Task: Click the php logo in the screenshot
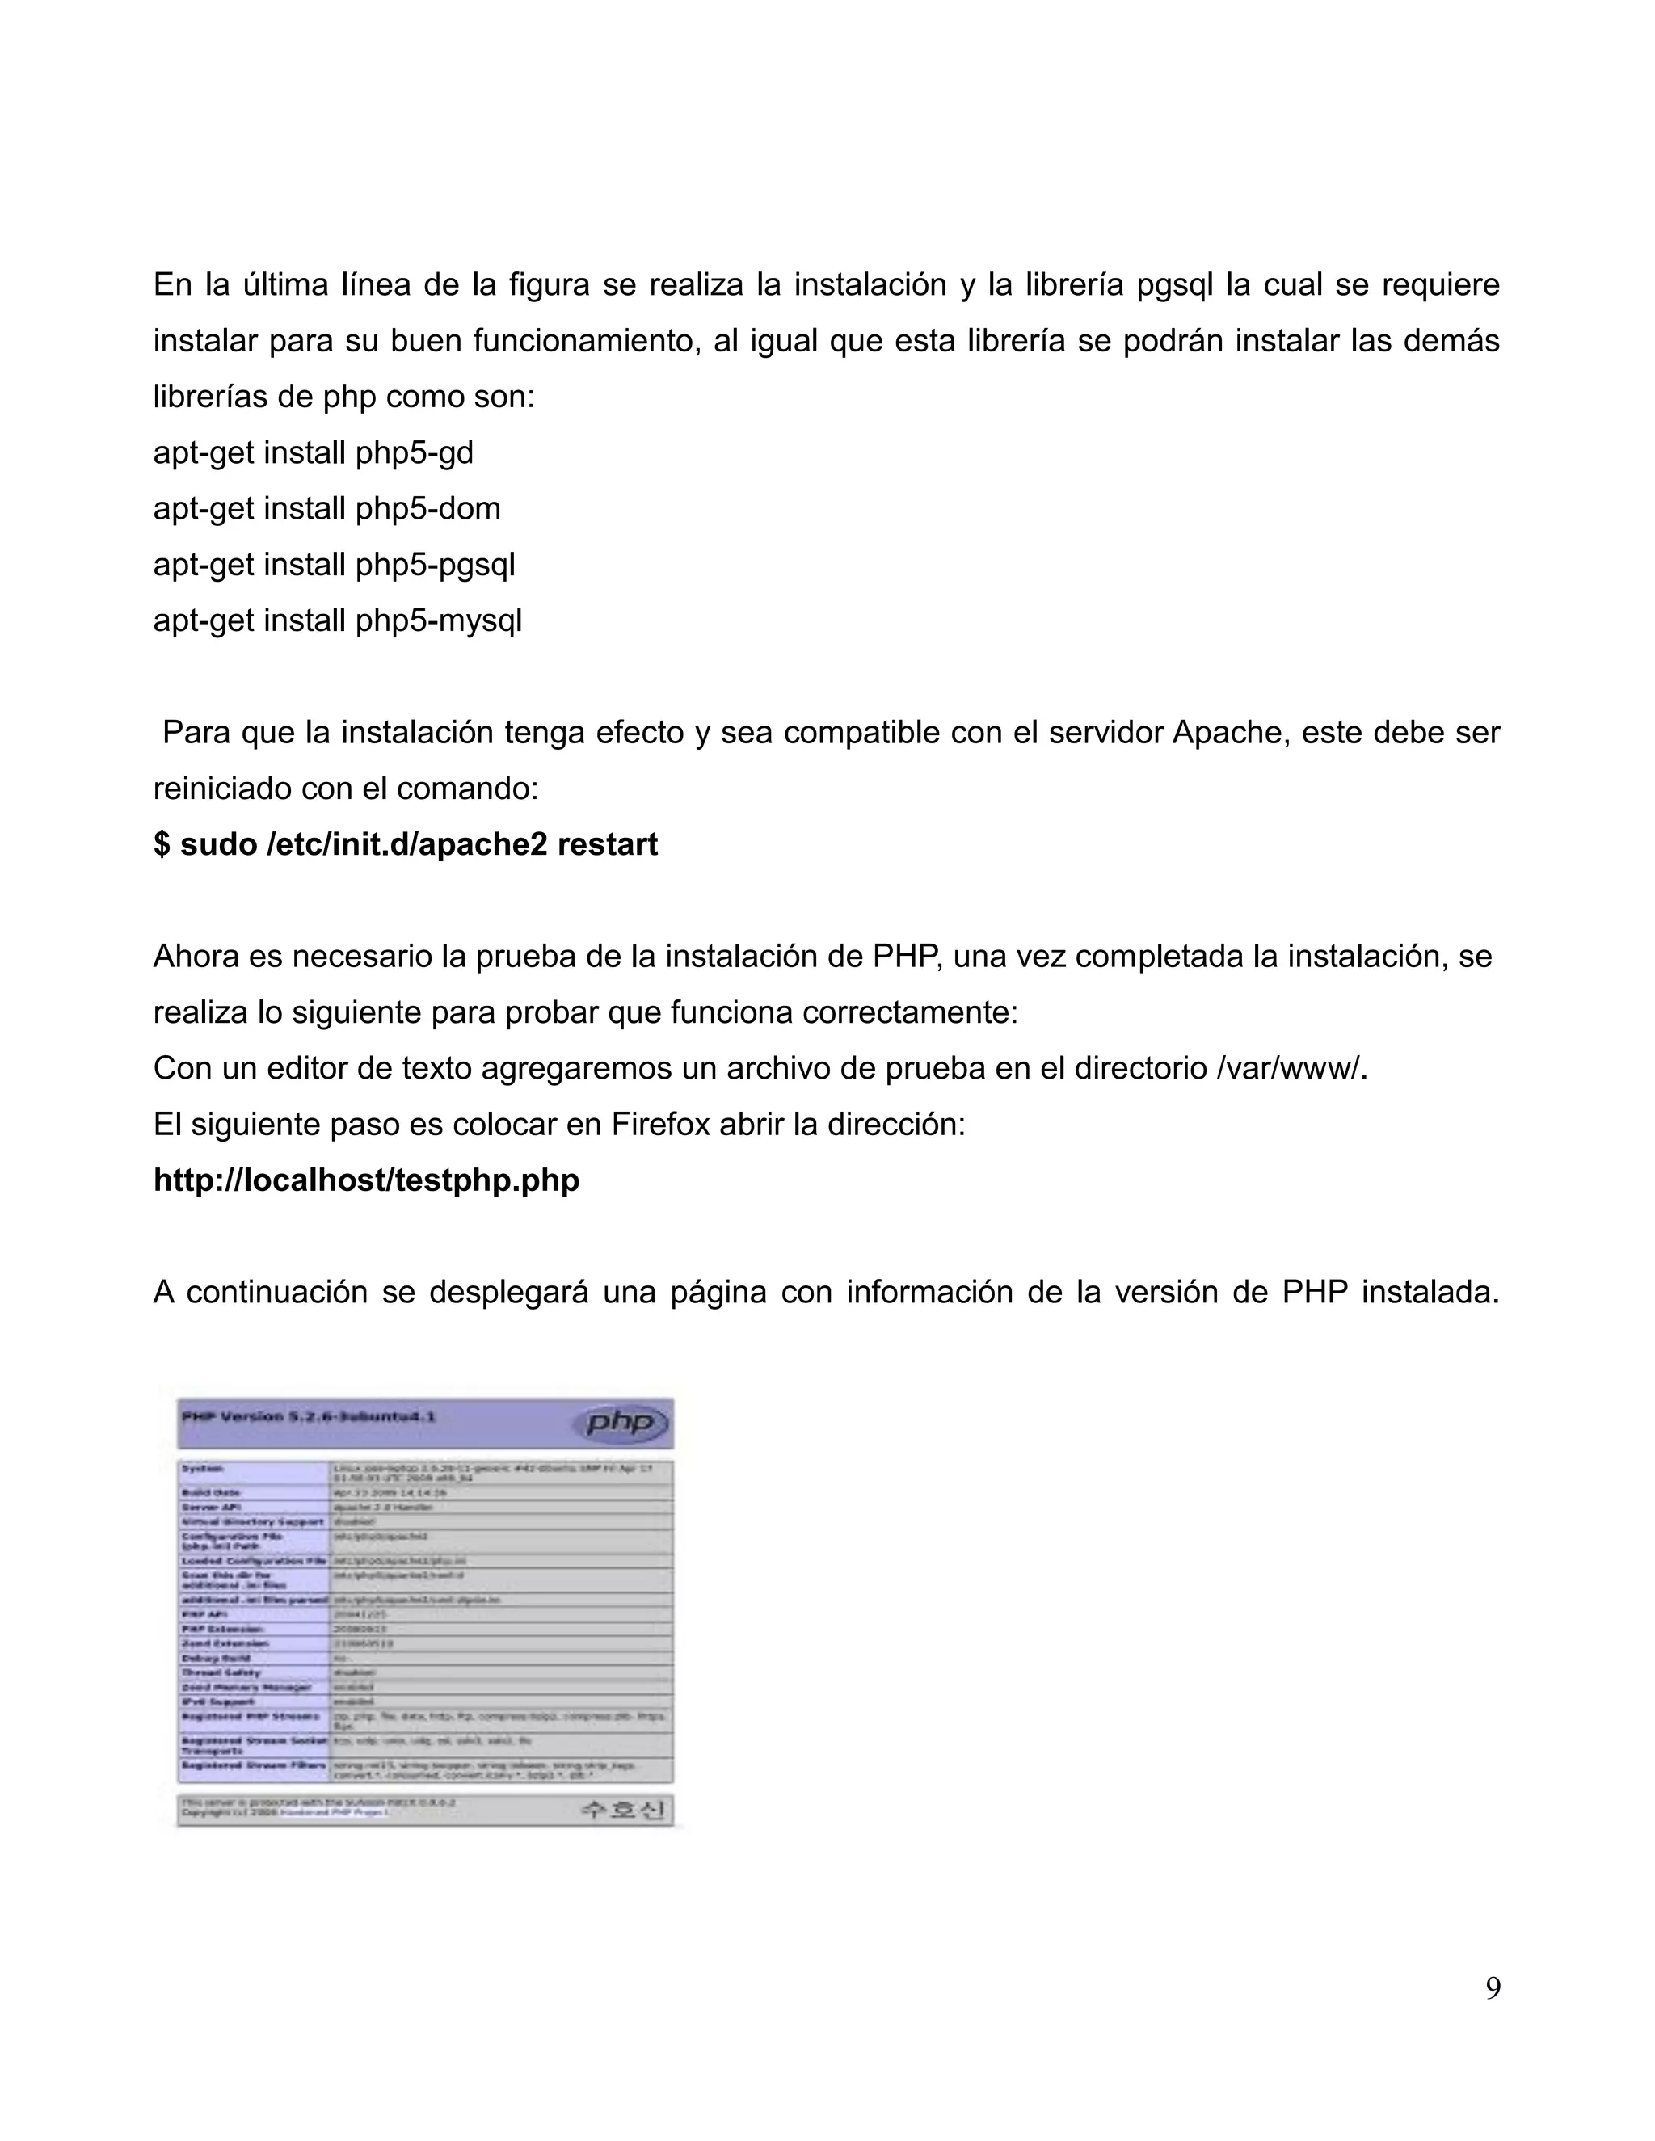tap(626, 1423)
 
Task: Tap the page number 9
tap(1493, 1988)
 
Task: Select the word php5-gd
tap(414, 453)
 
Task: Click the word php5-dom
tap(427, 509)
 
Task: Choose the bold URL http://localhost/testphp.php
tap(366, 1180)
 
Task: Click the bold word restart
tap(607, 844)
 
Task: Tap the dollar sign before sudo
tap(162, 844)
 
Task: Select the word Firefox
tap(660, 1125)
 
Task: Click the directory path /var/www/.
tap(1291, 1069)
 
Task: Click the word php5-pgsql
tap(434, 565)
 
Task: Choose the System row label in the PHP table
tap(203, 1469)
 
